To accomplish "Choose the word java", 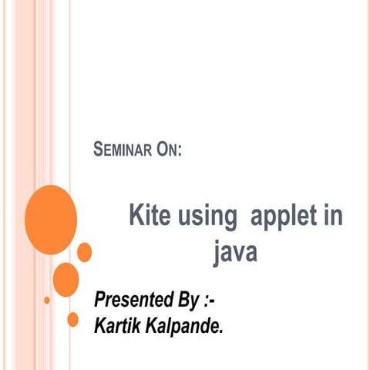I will [x=235, y=252].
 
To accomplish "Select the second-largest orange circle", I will [x=66, y=278].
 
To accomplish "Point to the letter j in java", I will [x=217, y=254].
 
